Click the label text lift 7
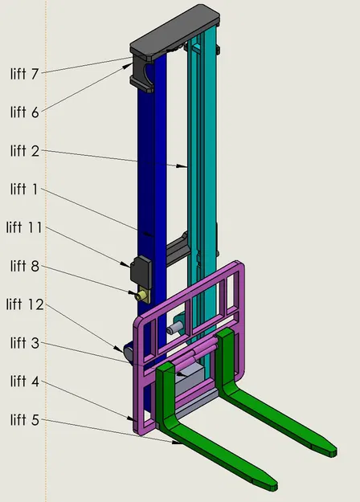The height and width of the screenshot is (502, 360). (24, 74)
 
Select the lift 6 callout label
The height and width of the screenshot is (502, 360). (24, 112)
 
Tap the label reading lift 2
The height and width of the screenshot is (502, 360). (24, 150)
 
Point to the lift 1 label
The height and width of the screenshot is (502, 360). (24, 189)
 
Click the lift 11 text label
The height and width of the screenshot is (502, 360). (24, 227)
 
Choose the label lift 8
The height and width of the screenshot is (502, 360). (24, 266)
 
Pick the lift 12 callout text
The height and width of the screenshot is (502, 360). (25, 304)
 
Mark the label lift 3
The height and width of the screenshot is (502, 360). (24, 342)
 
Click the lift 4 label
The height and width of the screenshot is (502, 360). (24, 381)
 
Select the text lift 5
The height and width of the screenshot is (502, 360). (24, 419)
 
